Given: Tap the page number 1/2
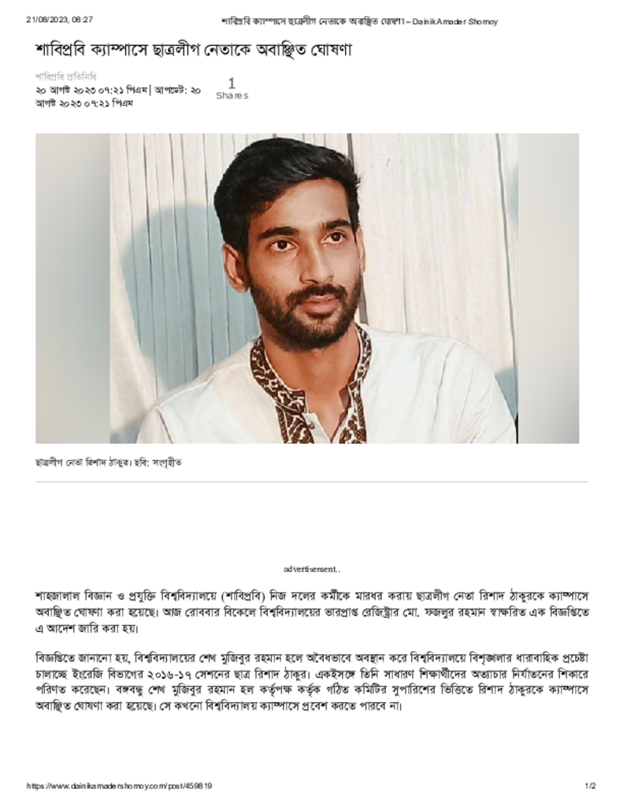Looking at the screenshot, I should (x=590, y=786).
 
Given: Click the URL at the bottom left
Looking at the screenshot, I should (x=119, y=786).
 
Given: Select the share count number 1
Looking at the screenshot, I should (x=232, y=83).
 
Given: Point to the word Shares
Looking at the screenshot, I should (x=232, y=96).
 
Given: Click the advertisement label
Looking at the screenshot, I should (x=312, y=568).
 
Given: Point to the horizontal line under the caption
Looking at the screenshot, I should (x=311, y=481).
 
